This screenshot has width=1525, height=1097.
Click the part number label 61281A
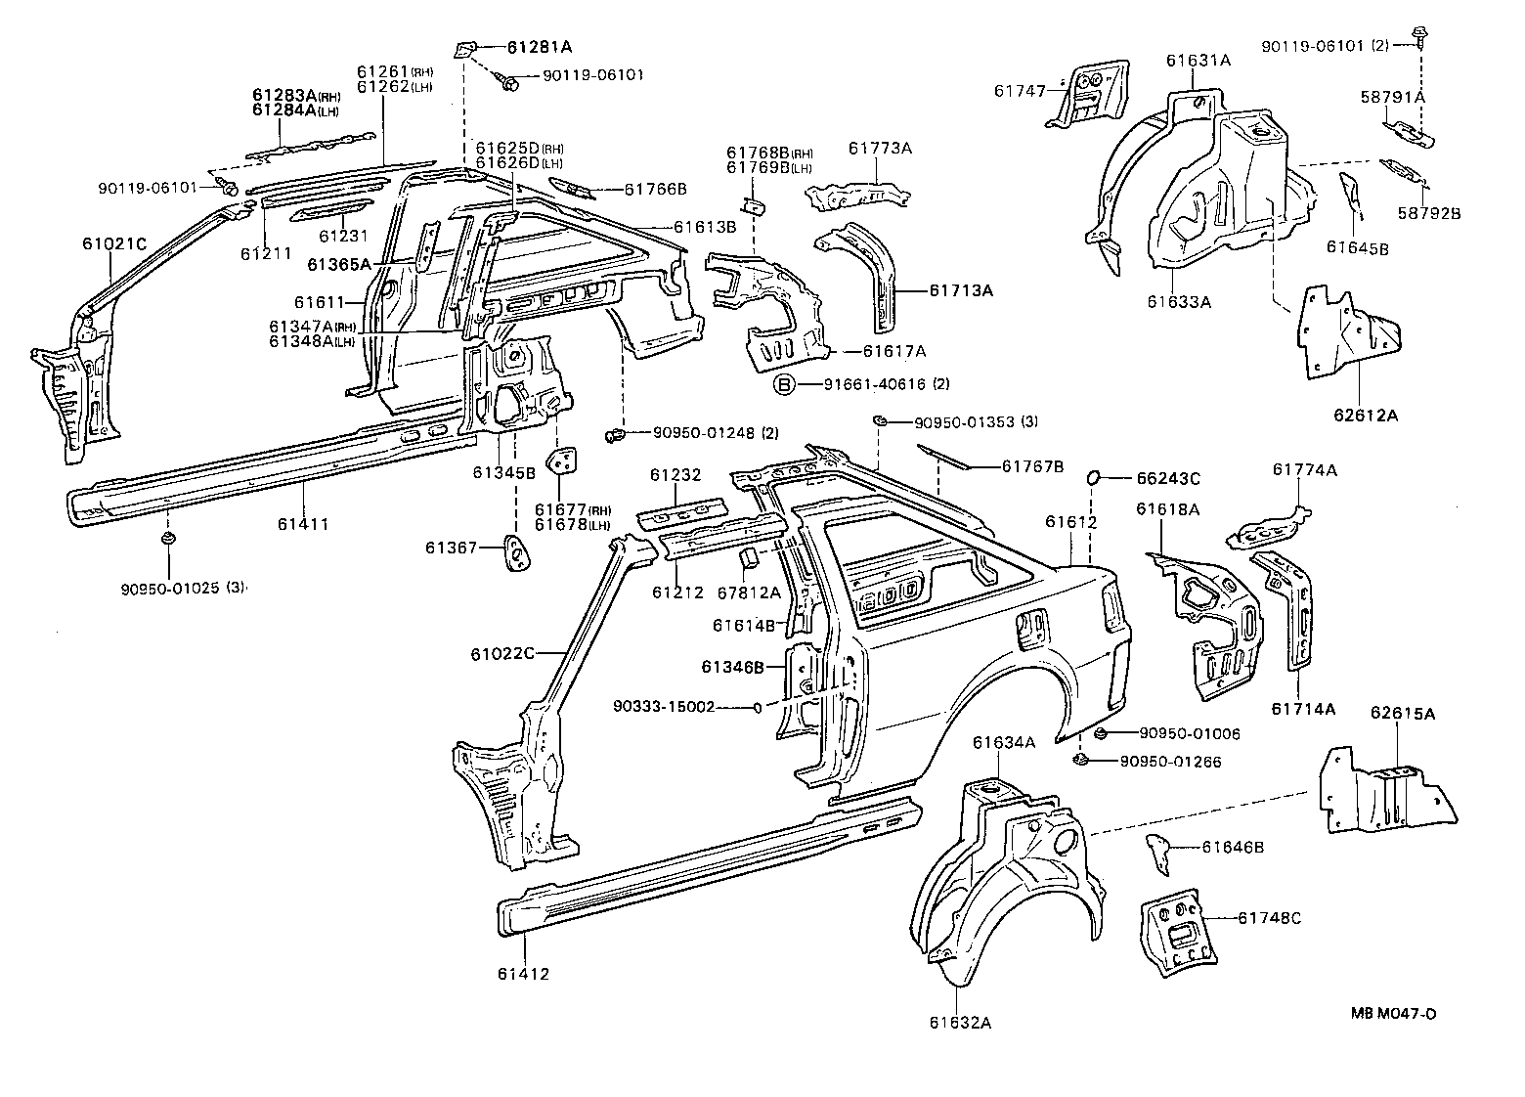coord(540,47)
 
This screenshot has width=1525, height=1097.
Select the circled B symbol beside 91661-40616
coord(786,385)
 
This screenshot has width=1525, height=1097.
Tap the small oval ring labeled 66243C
coord(1094,477)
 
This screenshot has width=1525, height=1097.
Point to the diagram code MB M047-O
coord(1394,1013)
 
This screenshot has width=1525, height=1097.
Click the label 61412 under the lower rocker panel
coord(523,974)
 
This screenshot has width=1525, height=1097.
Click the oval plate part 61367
coord(514,550)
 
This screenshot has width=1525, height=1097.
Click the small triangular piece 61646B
coord(1159,854)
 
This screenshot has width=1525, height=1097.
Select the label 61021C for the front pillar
coord(114,243)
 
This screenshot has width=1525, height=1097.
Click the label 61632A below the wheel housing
coord(960,1023)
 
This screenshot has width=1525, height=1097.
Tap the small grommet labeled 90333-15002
coord(758,707)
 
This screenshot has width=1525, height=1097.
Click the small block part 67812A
coord(745,557)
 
